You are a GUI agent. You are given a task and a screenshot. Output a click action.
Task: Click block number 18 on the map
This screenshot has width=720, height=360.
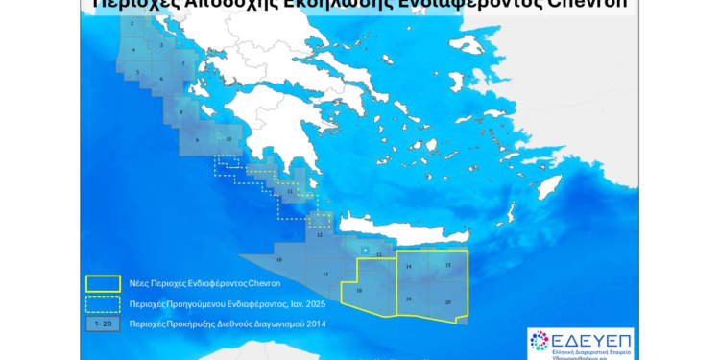[359, 291]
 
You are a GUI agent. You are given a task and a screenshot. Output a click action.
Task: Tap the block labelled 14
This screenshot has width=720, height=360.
[409, 266]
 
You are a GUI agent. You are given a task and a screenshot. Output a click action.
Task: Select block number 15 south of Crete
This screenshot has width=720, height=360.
[447, 265]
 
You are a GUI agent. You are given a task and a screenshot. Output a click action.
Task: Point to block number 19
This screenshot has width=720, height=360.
[409, 300]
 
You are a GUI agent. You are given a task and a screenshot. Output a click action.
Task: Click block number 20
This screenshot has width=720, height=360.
[447, 301]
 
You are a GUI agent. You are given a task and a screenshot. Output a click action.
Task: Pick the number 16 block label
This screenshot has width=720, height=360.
[278, 259]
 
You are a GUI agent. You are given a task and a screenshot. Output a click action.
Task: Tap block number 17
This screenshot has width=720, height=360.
[325, 275]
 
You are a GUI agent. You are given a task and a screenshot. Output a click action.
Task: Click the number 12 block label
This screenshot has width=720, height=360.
[319, 234]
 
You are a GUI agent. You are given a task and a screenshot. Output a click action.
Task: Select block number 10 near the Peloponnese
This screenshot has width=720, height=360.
[228, 139]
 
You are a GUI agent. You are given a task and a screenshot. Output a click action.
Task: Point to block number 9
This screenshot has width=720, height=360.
[197, 140]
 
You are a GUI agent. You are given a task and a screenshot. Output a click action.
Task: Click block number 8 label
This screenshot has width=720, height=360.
[180, 112]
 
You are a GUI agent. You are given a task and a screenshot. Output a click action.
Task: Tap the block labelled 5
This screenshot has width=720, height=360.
[137, 72]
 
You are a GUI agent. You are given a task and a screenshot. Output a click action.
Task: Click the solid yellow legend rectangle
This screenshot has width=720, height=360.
[103, 283]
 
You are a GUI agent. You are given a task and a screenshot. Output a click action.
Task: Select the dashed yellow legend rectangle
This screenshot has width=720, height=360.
[103, 303]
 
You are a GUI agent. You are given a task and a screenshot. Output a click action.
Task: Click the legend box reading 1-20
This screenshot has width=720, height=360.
[103, 324]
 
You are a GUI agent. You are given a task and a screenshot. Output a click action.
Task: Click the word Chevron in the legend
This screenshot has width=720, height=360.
[261, 283]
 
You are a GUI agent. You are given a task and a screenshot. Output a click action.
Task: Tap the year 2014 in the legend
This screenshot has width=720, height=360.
[317, 324]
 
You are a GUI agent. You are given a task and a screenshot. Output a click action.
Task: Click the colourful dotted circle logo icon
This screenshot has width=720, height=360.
[540, 341]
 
